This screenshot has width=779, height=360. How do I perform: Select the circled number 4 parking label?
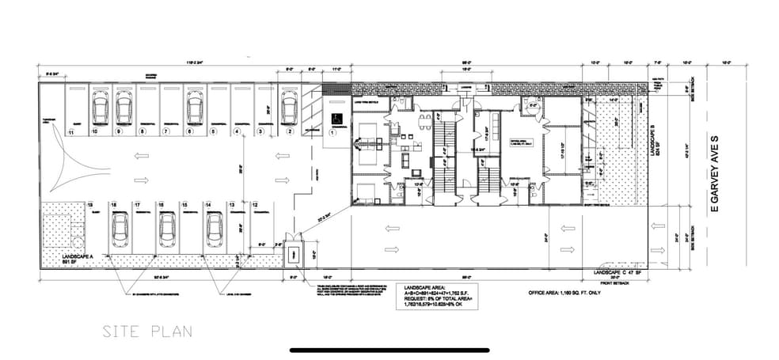236,131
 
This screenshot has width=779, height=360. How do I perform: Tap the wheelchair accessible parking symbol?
333,116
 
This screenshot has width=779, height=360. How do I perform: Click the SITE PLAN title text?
146,332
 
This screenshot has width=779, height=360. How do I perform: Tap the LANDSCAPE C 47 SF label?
621,272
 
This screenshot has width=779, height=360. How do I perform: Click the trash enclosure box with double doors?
292,253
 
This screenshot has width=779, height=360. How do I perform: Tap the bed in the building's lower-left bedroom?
365,191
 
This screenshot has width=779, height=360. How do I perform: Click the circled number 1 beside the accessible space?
332,133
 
